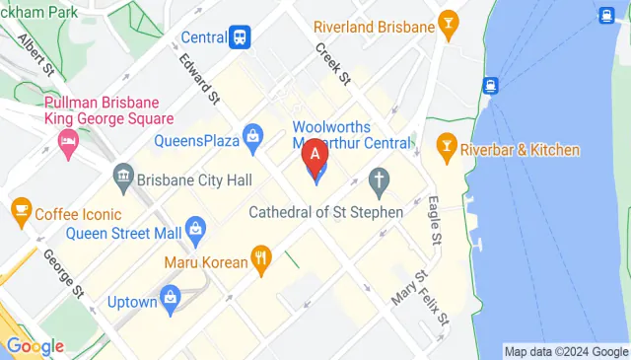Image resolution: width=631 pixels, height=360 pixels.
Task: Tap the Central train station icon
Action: pos(240,37)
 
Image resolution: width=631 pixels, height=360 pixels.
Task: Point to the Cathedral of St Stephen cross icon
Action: pos(378,180)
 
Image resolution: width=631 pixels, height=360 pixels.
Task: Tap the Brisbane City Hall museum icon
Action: pos(124,180)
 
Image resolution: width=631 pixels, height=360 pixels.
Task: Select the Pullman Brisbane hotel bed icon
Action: pos(67,141)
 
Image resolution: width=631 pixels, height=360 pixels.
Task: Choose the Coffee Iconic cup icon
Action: pos(20,209)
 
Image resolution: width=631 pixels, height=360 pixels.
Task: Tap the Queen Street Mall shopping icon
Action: pos(195,234)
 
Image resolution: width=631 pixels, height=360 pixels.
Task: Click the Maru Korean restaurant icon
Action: pos(261,262)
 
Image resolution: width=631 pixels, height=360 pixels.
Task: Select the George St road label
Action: pos(63,273)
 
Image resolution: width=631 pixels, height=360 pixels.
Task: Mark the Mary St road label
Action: pos(407,288)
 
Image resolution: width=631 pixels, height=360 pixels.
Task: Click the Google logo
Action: pos(35,346)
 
